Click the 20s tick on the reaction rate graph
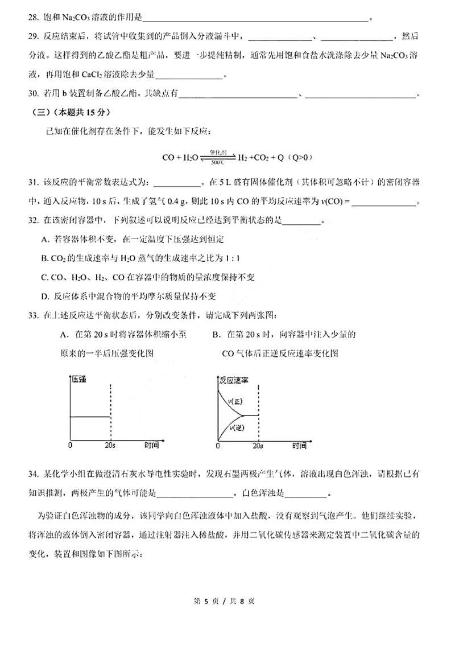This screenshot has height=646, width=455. click(x=259, y=445)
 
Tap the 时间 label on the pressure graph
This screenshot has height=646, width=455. click(x=151, y=445)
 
